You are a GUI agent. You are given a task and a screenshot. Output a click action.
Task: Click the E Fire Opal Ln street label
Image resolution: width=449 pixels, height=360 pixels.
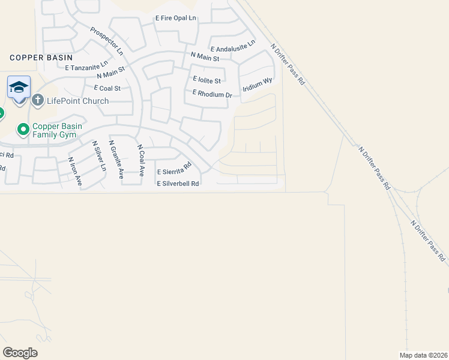(x=176, y=19)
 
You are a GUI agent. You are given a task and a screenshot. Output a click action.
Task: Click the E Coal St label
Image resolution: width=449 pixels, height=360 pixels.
(x=103, y=88)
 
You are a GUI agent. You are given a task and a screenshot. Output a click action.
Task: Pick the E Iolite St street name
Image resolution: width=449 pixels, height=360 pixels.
(x=206, y=80)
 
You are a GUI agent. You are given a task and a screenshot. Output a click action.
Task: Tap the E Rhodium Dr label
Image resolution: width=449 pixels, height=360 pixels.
(x=212, y=94)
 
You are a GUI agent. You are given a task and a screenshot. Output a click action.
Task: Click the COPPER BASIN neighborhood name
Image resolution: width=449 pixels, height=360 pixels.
(x=41, y=57)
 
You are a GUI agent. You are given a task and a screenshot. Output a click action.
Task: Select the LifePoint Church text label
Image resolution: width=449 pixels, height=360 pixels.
(x=79, y=101)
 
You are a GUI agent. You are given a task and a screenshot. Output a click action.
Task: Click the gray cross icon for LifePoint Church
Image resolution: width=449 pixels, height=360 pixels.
(x=38, y=100)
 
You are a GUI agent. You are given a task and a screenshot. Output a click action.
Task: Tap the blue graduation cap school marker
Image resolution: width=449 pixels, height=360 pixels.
(x=19, y=88)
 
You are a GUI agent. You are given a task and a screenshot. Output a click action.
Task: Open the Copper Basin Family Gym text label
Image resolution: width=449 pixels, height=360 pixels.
(x=57, y=131)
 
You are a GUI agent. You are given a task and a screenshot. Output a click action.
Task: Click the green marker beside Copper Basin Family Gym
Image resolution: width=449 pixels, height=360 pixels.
(x=23, y=129)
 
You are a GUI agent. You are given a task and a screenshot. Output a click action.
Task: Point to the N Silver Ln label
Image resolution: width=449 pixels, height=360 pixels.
(x=98, y=156)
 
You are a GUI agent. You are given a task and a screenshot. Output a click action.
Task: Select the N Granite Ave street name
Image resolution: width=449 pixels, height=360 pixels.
(x=115, y=160)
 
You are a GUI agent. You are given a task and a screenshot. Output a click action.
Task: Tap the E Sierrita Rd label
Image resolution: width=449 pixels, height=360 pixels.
(x=174, y=168)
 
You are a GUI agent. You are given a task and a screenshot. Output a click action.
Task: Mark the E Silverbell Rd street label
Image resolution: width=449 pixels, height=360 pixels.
(x=178, y=184)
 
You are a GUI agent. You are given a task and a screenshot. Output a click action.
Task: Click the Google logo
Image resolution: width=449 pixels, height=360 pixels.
(x=20, y=353)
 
